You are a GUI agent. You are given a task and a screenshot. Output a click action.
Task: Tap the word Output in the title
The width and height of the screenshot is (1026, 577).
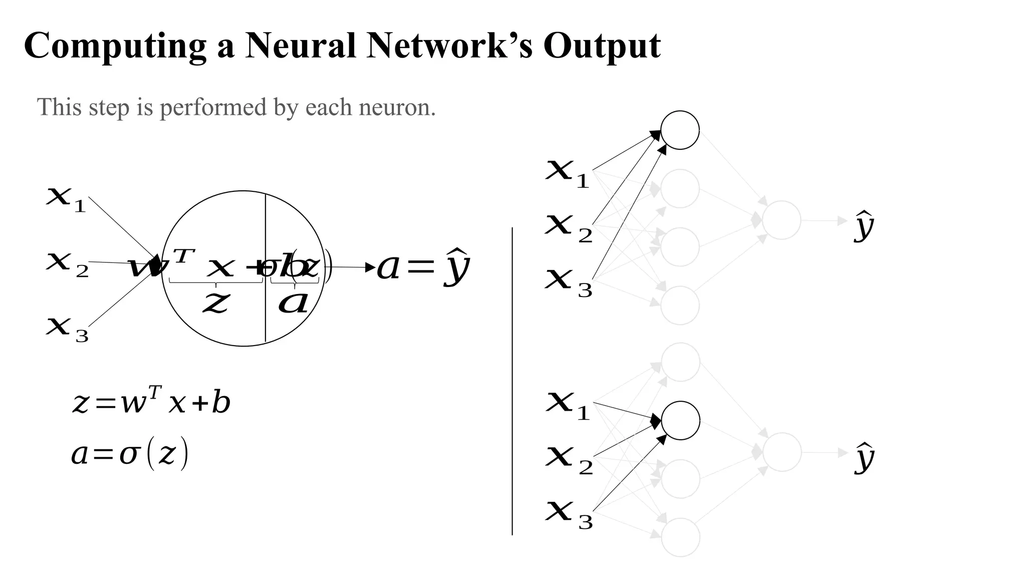click(x=602, y=46)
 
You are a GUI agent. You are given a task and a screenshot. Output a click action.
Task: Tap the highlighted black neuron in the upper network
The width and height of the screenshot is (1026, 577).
click(x=680, y=130)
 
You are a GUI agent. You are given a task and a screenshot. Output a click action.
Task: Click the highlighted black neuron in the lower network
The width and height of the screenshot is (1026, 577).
click(x=680, y=421)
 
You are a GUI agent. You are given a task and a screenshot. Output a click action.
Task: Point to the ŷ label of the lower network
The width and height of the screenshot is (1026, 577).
click(x=864, y=457)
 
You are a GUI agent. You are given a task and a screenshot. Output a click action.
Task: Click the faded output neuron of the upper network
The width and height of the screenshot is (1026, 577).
click(x=782, y=220)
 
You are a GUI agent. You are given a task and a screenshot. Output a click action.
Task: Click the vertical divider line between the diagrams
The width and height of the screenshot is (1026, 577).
click(x=512, y=381)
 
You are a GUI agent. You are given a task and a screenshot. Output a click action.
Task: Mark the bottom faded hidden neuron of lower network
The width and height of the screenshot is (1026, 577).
click(x=680, y=537)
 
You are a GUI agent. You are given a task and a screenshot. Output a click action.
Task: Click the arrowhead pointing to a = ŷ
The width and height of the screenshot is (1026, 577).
click(x=371, y=267)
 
